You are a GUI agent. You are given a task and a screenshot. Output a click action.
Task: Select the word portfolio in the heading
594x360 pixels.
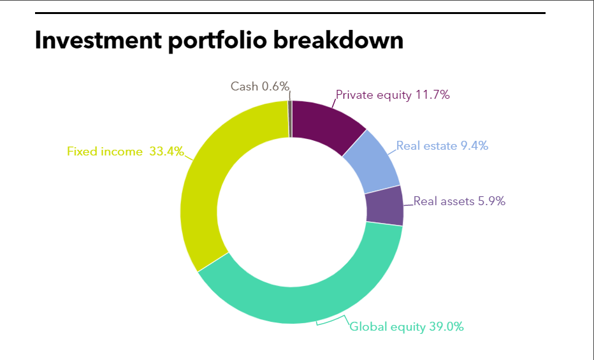pyautogui.click(x=217, y=41)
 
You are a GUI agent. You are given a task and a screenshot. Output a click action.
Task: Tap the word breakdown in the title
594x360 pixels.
pyautogui.click(x=338, y=40)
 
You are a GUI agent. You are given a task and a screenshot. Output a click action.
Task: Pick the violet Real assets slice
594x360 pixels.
pyautogui.click(x=384, y=206)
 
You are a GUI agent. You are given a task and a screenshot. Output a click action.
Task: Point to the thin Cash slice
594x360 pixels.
pyautogui.click(x=290, y=119)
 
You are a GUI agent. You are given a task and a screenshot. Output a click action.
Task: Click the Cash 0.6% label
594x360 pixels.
pyautogui.click(x=260, y=86)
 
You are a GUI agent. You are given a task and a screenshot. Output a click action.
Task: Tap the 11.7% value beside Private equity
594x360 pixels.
pyautogui.click(x=433, y=95)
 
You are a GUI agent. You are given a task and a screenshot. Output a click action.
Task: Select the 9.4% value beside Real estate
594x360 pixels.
pyautogui.click(x=474, y=146)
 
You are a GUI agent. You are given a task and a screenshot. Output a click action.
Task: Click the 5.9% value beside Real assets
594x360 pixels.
pyautogui.click(x=491, y=201)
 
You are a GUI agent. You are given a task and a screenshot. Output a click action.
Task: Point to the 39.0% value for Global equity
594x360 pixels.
pyautogui.click(x=446, y=326)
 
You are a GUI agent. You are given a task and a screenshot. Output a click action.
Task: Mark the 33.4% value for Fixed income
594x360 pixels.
pyautogui.click(x=167, y=152)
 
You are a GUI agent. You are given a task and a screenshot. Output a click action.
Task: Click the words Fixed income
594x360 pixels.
pyautogui.click(x=105, y=152)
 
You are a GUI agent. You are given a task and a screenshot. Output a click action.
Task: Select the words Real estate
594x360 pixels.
pyautogui.click(x=426, y=146)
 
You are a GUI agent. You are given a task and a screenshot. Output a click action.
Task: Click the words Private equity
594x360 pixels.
pyautogui.click(x=373, y=95)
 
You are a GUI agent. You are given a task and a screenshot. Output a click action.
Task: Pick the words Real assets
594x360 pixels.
pyautogui.click(x=444, y=201)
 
